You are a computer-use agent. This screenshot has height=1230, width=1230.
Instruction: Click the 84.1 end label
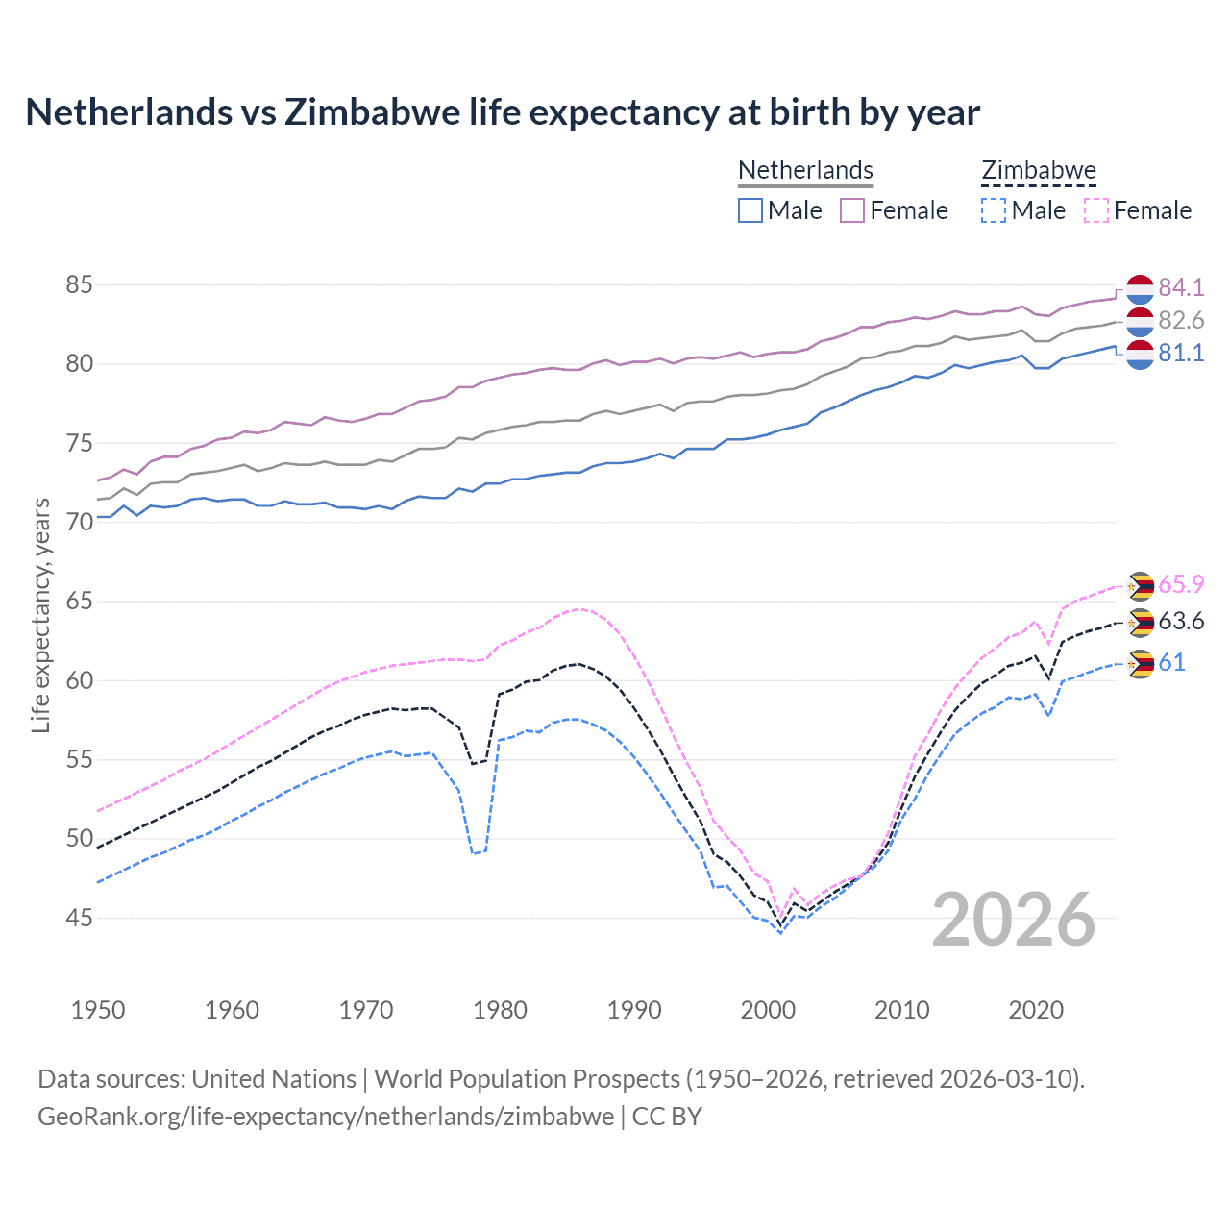(1180, 287)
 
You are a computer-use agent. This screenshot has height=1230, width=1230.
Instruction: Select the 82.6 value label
(1180, 320)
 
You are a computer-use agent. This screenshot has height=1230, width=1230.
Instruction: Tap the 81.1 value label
(1180, 353)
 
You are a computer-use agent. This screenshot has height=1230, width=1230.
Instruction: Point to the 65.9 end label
(1180, 584)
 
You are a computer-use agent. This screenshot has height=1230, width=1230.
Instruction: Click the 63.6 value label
(1180, 621)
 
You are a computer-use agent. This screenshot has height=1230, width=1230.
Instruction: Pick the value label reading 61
(1171, 662)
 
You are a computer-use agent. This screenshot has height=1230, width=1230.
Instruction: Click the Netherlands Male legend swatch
(750, 210)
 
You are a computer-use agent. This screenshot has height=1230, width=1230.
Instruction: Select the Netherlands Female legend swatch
(852, 210)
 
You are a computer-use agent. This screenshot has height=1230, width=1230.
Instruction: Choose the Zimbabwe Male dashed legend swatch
(994, 210)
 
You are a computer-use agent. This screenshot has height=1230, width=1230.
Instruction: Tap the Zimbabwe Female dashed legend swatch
(1096, 210)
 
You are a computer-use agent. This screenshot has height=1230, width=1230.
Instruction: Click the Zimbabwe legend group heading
(1039, 170)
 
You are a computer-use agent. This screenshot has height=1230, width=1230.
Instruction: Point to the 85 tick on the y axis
(80, 284)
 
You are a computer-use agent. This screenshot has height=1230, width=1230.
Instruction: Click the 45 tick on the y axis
(80, 918)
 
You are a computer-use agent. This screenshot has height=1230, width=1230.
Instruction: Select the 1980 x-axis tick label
(500, 1010)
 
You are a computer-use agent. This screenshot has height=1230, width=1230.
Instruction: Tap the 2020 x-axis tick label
(1036, 1010)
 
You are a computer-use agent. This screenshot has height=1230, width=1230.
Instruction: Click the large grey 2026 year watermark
(1014, 920)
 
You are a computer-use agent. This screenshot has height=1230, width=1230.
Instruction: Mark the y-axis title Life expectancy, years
(40, 615)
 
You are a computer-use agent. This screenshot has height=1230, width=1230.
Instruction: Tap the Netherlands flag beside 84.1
(1140, 287)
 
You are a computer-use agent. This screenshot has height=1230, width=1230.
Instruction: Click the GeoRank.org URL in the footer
(326, 1117)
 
